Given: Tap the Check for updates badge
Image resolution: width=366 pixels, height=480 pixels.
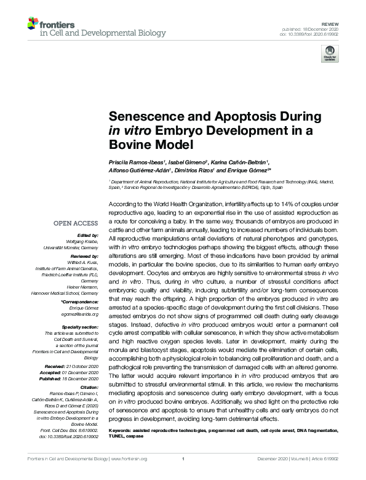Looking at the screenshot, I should [330, 56].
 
